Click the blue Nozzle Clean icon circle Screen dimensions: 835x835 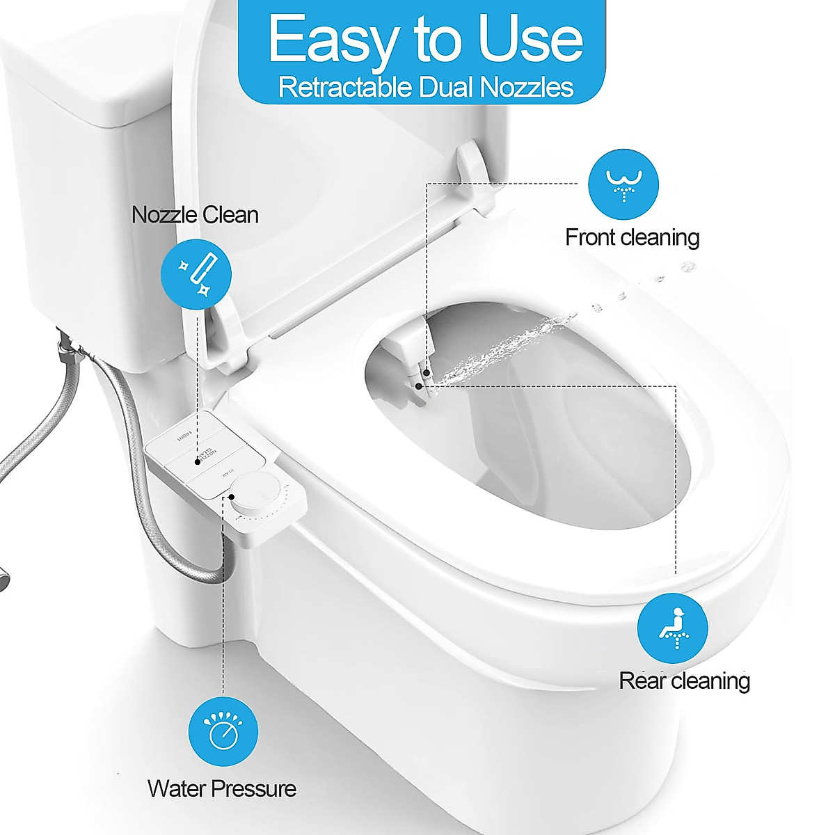[x=196, y=273]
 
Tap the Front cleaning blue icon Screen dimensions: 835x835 [x=623, y=184]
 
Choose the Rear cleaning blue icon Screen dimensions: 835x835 [x=672, y=628]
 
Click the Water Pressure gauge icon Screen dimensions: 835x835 [x=223, y=731]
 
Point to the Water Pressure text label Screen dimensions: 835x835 [x=222, y=789]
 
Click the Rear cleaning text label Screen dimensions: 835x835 [x=685, y=681]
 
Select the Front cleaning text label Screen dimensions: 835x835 [x=632, y=237]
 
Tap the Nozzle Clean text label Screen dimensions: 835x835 [x=195, y=214]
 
